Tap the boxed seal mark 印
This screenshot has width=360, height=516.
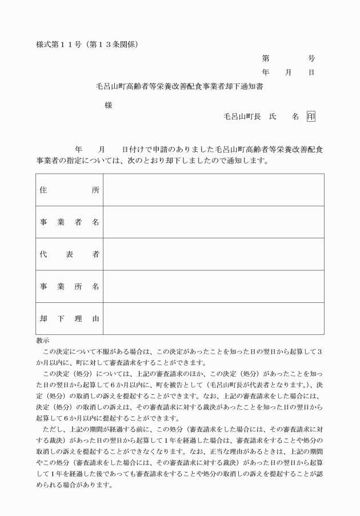point(311,116)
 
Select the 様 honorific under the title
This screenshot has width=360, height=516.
point(108,105)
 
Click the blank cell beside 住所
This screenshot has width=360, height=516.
point(213,190)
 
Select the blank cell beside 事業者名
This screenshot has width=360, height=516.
point(213,222)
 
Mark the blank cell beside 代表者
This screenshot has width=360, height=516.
point(213,254)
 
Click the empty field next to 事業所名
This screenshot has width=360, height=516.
point(213,286)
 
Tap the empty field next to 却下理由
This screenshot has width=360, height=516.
point(213,318)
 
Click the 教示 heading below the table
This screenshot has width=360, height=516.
point(42,341)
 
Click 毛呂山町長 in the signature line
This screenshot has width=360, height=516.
point(242,117)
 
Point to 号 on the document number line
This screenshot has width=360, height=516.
point(311,58)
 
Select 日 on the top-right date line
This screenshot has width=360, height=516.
point(311,73)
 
